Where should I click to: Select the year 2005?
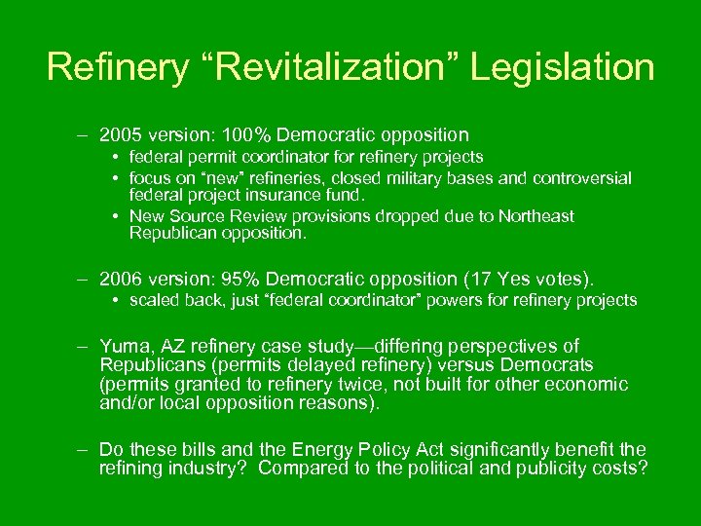pyautogui.click(x=123, y=135)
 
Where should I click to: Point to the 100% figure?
pyautogui.click(x=276, y=135)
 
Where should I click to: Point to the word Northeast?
pyautogui.click(x=535, y=216)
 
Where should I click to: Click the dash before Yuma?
pyautogui.click(x=85, y=347)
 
